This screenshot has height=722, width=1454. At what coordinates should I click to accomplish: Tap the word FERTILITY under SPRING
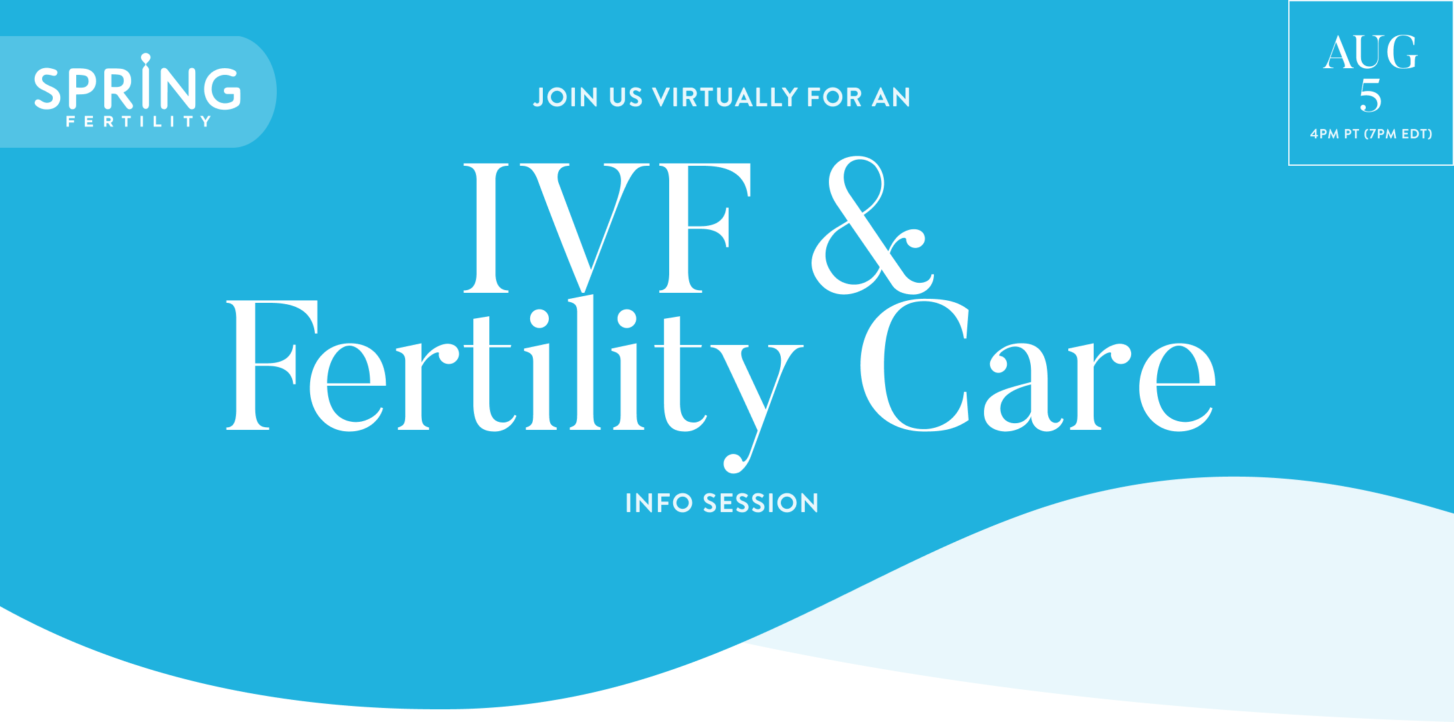[x=138, y=122]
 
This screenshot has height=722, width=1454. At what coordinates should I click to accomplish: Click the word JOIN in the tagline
[x=566, y=98]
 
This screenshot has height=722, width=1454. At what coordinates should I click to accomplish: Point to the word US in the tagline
[x=626, y=98]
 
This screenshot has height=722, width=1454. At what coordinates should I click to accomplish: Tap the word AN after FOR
[x=891, y=98]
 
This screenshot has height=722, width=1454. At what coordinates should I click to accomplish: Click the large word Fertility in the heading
[x=515, y=374]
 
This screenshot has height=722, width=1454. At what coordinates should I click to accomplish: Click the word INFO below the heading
[x=658, y=503]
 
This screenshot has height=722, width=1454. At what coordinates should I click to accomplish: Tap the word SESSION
[x=761, y=503]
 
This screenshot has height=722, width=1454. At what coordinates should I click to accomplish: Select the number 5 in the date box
[x=1370, y=96]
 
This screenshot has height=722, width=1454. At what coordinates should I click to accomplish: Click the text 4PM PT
[x=1334, y=134]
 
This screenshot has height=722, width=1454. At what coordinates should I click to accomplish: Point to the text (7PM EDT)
[x=1398, y=134]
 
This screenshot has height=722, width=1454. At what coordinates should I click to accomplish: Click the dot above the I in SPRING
[x=146, y=57]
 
